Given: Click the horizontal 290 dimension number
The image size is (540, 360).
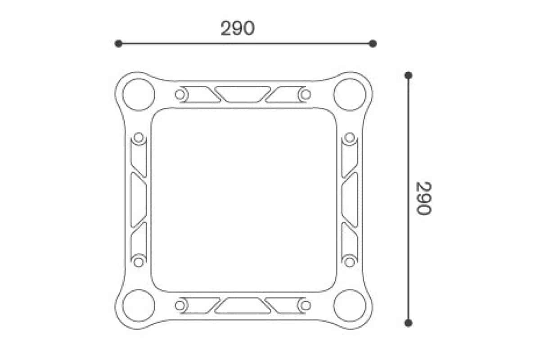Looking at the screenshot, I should [237, 28].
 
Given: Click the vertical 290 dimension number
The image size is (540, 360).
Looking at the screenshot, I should [423, 198].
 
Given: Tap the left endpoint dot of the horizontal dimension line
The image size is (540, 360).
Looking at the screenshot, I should [118, 44].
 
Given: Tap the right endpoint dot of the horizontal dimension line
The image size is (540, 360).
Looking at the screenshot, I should [373, 44].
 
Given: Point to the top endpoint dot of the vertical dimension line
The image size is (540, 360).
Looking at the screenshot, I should [408, 75].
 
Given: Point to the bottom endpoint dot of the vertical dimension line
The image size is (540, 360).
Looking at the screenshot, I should [408, 323].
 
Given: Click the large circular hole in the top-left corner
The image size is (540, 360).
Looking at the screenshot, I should [139, 94].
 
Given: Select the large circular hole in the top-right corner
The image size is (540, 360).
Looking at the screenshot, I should [350, 94].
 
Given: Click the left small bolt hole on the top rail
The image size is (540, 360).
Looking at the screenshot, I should [180, 94].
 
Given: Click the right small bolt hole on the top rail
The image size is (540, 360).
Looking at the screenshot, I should [306, 94].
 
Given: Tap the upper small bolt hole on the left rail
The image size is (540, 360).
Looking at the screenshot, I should [139, 137].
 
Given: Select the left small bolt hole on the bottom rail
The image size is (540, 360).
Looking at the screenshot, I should [180, 306].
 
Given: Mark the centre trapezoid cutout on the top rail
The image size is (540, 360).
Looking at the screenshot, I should [243, 94].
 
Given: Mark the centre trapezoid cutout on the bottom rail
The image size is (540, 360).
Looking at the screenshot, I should [243, 306].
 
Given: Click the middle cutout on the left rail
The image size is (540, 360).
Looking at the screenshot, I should [139, 199].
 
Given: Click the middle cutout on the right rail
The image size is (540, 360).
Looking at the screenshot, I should [350, 199].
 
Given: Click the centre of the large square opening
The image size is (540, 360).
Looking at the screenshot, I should [244, 200].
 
